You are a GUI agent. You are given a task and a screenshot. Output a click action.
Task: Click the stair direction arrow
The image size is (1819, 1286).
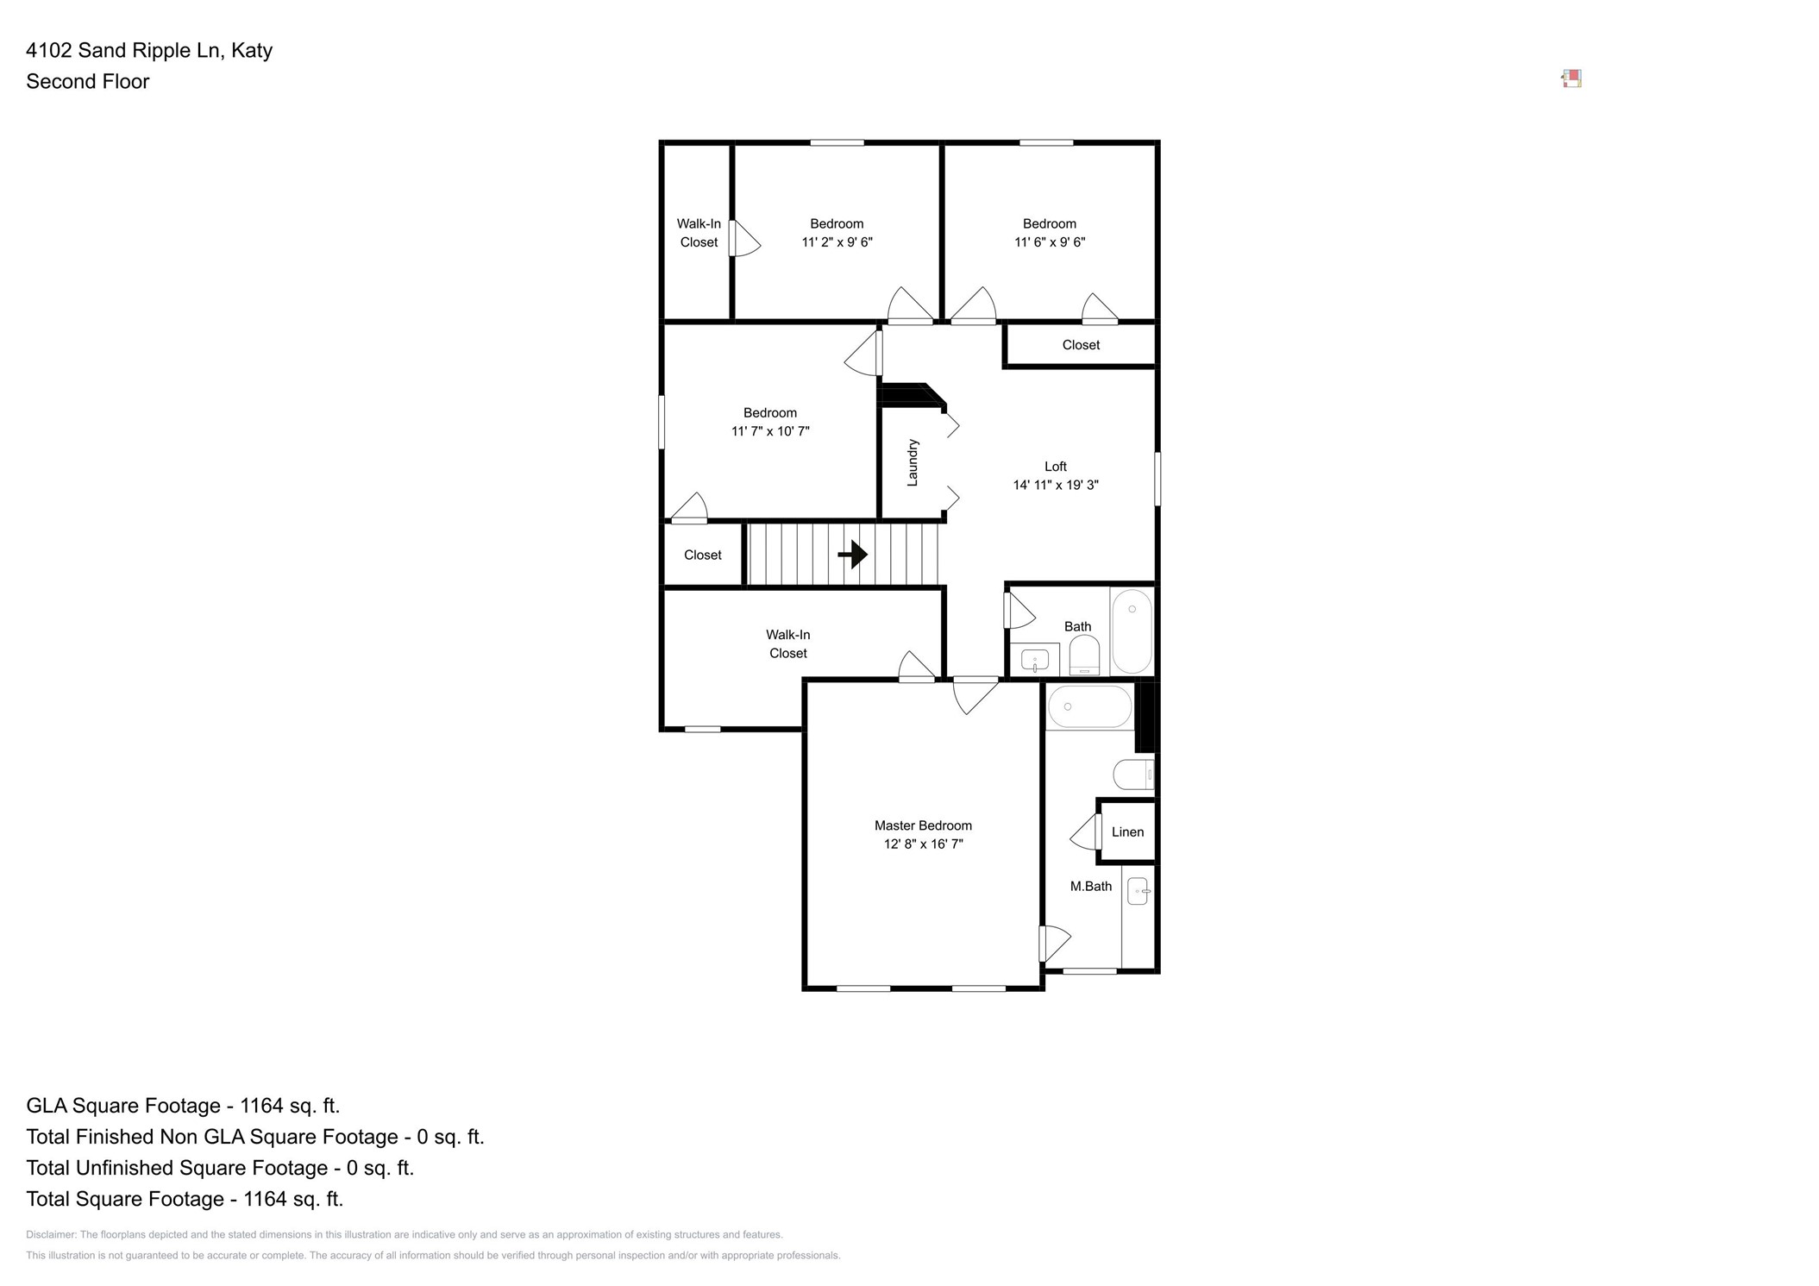point(853,554)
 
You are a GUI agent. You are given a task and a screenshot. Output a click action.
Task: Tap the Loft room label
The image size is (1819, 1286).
point(1055,467)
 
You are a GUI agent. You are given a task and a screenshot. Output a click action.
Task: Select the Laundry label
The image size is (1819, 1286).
point(913,463)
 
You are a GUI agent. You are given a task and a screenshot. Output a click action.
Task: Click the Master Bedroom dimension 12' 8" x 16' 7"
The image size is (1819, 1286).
point(923,844)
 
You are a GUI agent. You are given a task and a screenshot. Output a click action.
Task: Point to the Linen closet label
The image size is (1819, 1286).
point(1127,832)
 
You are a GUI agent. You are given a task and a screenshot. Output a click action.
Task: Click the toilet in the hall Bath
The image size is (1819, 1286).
point(1084,656)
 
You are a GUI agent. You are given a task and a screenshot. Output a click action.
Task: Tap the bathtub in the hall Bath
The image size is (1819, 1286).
point(1132,631)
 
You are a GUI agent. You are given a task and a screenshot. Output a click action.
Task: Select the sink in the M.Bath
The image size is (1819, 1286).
point(1138,891)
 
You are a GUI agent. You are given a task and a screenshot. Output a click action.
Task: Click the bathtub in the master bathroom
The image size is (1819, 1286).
point(1089,707)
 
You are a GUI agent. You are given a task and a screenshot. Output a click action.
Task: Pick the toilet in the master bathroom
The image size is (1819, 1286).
point(1132,775)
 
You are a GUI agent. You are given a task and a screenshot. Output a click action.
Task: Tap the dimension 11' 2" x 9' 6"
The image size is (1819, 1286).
point(837,242)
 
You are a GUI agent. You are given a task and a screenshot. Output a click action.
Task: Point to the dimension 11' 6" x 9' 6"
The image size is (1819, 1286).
point(1049,242)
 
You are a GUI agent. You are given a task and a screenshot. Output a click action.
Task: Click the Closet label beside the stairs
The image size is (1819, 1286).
point(702,555)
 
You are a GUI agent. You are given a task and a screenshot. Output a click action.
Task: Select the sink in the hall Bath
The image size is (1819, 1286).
point(1034,661)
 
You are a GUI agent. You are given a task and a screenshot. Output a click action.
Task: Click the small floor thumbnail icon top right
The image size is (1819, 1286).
point(1571,79)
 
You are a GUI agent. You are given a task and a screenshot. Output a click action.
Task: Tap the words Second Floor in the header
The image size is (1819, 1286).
point(88,82)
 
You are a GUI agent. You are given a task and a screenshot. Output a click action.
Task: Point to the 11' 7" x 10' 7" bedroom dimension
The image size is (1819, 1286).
point(770,431)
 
